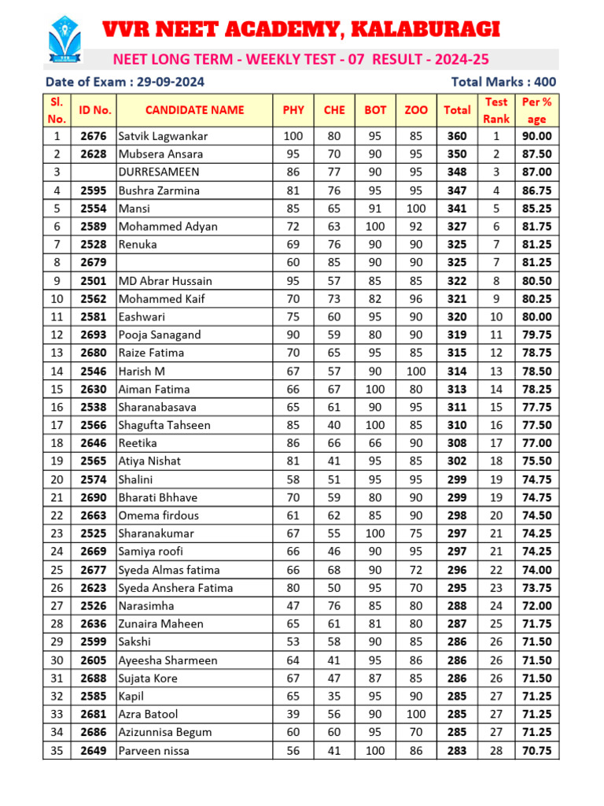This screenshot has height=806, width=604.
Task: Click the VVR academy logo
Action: click(65, 40)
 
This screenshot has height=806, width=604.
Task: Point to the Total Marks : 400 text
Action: click(503, 82)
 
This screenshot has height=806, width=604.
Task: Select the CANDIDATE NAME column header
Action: click(194, 110)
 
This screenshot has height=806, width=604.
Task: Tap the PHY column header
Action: click(293, 110)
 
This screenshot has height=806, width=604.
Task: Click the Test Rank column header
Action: click(496, 110)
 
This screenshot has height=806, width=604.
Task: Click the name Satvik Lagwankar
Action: click(163, 136)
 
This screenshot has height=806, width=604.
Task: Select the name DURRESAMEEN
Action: click(159, 172)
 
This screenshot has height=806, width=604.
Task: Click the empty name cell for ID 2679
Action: click(194, 263)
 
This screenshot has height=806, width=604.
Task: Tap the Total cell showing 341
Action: click(456, 209)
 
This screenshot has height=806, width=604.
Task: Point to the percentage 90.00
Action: click(536, 136)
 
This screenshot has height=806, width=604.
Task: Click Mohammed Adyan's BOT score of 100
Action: click(375, 227)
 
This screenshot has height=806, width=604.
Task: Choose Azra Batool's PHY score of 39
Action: click(293, 715)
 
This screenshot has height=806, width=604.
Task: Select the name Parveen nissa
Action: click(153, 751)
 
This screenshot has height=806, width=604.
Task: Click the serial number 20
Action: click(57, 479)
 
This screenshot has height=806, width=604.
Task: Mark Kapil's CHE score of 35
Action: click(334, 697)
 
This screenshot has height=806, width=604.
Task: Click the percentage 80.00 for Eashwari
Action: click(536, 317)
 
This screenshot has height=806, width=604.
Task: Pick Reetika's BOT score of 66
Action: click(375, 444)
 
